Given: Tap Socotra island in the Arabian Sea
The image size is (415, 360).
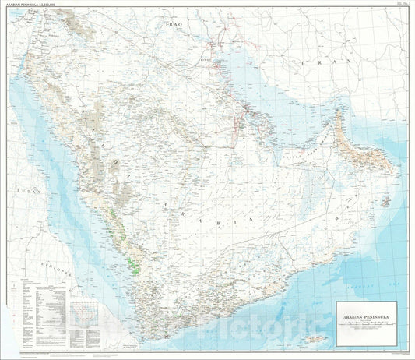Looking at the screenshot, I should [315, 337].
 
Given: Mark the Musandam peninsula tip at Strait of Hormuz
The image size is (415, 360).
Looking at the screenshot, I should [336, 112].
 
